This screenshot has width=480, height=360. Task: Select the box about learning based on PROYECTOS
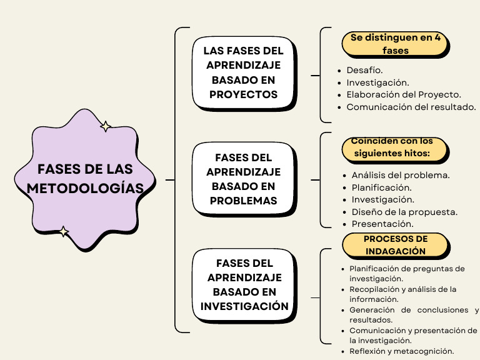(x=244, y=72)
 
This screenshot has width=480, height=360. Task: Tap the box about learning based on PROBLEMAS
(x=244, y=179)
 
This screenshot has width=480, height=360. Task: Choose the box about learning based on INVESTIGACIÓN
(x=244, y=285)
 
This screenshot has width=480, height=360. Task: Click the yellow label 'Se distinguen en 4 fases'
(x=396, y=44)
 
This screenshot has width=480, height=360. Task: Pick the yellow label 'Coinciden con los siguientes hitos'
(x=396, y=147)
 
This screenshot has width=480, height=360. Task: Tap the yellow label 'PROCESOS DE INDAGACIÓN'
(x=396, y=245)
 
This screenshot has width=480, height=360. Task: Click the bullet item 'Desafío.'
(x=364, y=70)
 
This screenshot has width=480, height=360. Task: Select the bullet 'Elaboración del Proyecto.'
(x=404, y=94)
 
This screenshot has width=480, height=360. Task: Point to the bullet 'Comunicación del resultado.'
(x=411, y=107)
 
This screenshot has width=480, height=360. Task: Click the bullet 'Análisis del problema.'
(x=401, y=175)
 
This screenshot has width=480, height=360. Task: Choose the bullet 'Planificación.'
(x=381, y=187)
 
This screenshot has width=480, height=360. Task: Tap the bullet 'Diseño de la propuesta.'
(x=404, y=212)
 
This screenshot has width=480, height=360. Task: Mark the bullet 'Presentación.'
(x=382, y=224)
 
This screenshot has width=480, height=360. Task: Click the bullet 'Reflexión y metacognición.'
(x=401, y=351)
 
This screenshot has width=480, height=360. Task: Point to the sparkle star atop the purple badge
(x=106, y=127)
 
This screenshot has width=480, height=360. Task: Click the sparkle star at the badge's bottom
(x=63, y=232)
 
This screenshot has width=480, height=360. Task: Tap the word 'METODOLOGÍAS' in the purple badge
(x=84, y=188)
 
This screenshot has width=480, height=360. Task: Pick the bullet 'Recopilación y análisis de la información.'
(x=403, y=294)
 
